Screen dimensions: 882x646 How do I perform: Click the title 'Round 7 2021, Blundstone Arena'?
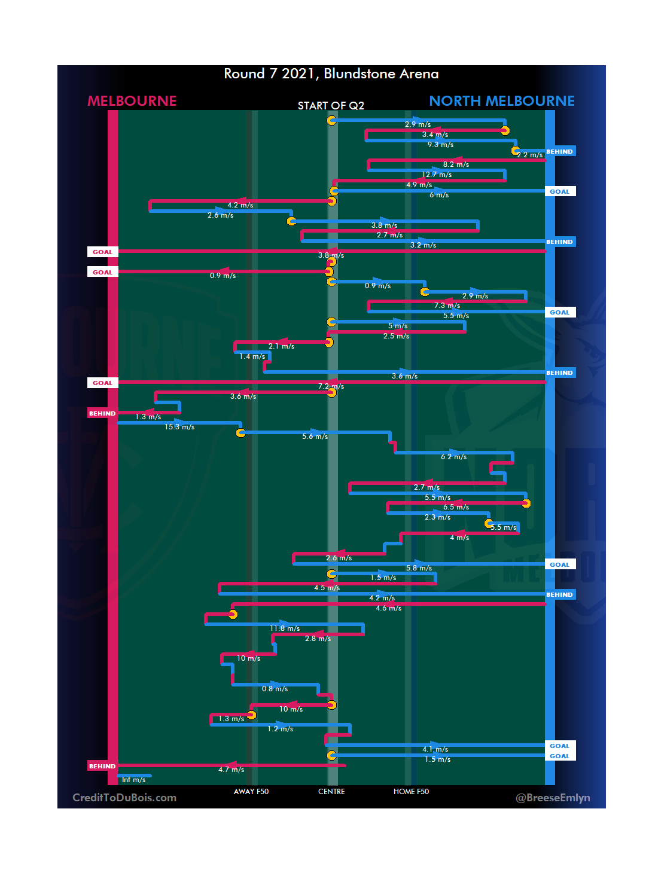pos(331,74)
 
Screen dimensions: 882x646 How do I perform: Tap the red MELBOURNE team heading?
pos(132,101)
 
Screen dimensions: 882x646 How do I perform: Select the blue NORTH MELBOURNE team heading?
pos(502,101)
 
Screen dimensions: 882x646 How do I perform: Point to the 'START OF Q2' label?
pos(331,106)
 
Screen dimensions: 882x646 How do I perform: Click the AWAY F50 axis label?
pos(251,792)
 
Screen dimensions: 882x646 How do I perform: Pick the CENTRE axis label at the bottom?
pos(331,792)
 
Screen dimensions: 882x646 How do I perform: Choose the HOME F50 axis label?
pos(411,792)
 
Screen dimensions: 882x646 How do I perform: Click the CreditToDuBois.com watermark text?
pos(124,798)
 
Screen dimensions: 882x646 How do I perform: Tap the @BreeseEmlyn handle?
pos(553,798)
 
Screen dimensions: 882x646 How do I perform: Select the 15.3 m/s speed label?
pos(179,427)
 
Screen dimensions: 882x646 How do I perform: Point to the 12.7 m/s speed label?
pos(437,175)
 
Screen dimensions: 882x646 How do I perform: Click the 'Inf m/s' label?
pos(133,780)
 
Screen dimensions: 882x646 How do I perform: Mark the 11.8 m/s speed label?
pos(285,628)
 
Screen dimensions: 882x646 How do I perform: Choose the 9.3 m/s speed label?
pos(440,145)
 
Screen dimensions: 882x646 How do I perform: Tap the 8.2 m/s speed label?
pos(456,164)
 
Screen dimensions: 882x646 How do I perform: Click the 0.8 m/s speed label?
pos(275,689)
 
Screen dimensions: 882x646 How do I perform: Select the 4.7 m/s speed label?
pos(231,770)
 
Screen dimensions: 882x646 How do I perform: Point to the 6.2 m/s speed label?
pos(453,457)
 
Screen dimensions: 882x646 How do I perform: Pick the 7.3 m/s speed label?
pos(447,306)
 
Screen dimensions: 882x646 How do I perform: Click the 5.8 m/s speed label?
pos(419,568)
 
